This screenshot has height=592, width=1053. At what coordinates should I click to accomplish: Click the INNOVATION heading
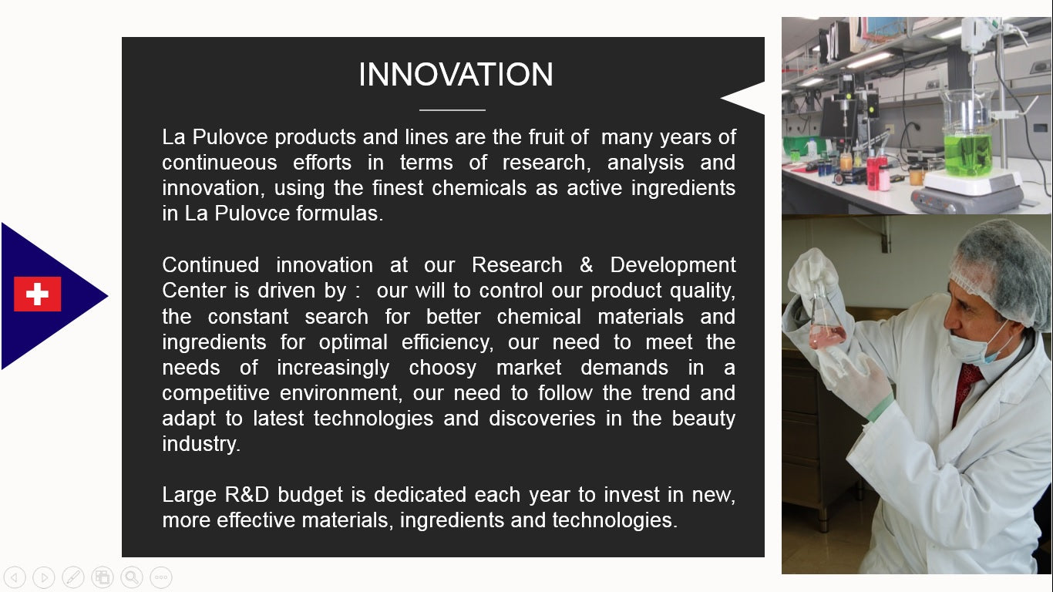point(456,74)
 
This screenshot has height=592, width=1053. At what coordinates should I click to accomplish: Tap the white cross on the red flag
point(37,294)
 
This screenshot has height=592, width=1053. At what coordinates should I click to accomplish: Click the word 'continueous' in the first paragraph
point(220,163)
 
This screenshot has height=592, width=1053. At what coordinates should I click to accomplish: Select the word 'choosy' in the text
point(442,368)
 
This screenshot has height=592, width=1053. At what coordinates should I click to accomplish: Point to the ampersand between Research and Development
point(586,265)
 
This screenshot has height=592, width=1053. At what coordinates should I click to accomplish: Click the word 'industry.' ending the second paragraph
point(201,444)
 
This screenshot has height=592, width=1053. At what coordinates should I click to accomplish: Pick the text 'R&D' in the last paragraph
point(247,495)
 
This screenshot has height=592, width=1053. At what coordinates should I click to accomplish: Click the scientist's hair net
point(1001,273)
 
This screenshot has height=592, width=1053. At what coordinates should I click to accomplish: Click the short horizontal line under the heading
point(452,110)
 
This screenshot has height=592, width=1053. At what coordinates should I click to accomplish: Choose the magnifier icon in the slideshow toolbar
point(132,577)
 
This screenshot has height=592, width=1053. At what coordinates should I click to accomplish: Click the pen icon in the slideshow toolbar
point(73,577)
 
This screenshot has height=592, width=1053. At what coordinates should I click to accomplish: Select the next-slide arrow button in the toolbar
point(44,577)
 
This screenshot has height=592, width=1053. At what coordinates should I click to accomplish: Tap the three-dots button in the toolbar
point(161,577)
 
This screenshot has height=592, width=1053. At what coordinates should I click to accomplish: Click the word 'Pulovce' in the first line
point(230,137)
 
